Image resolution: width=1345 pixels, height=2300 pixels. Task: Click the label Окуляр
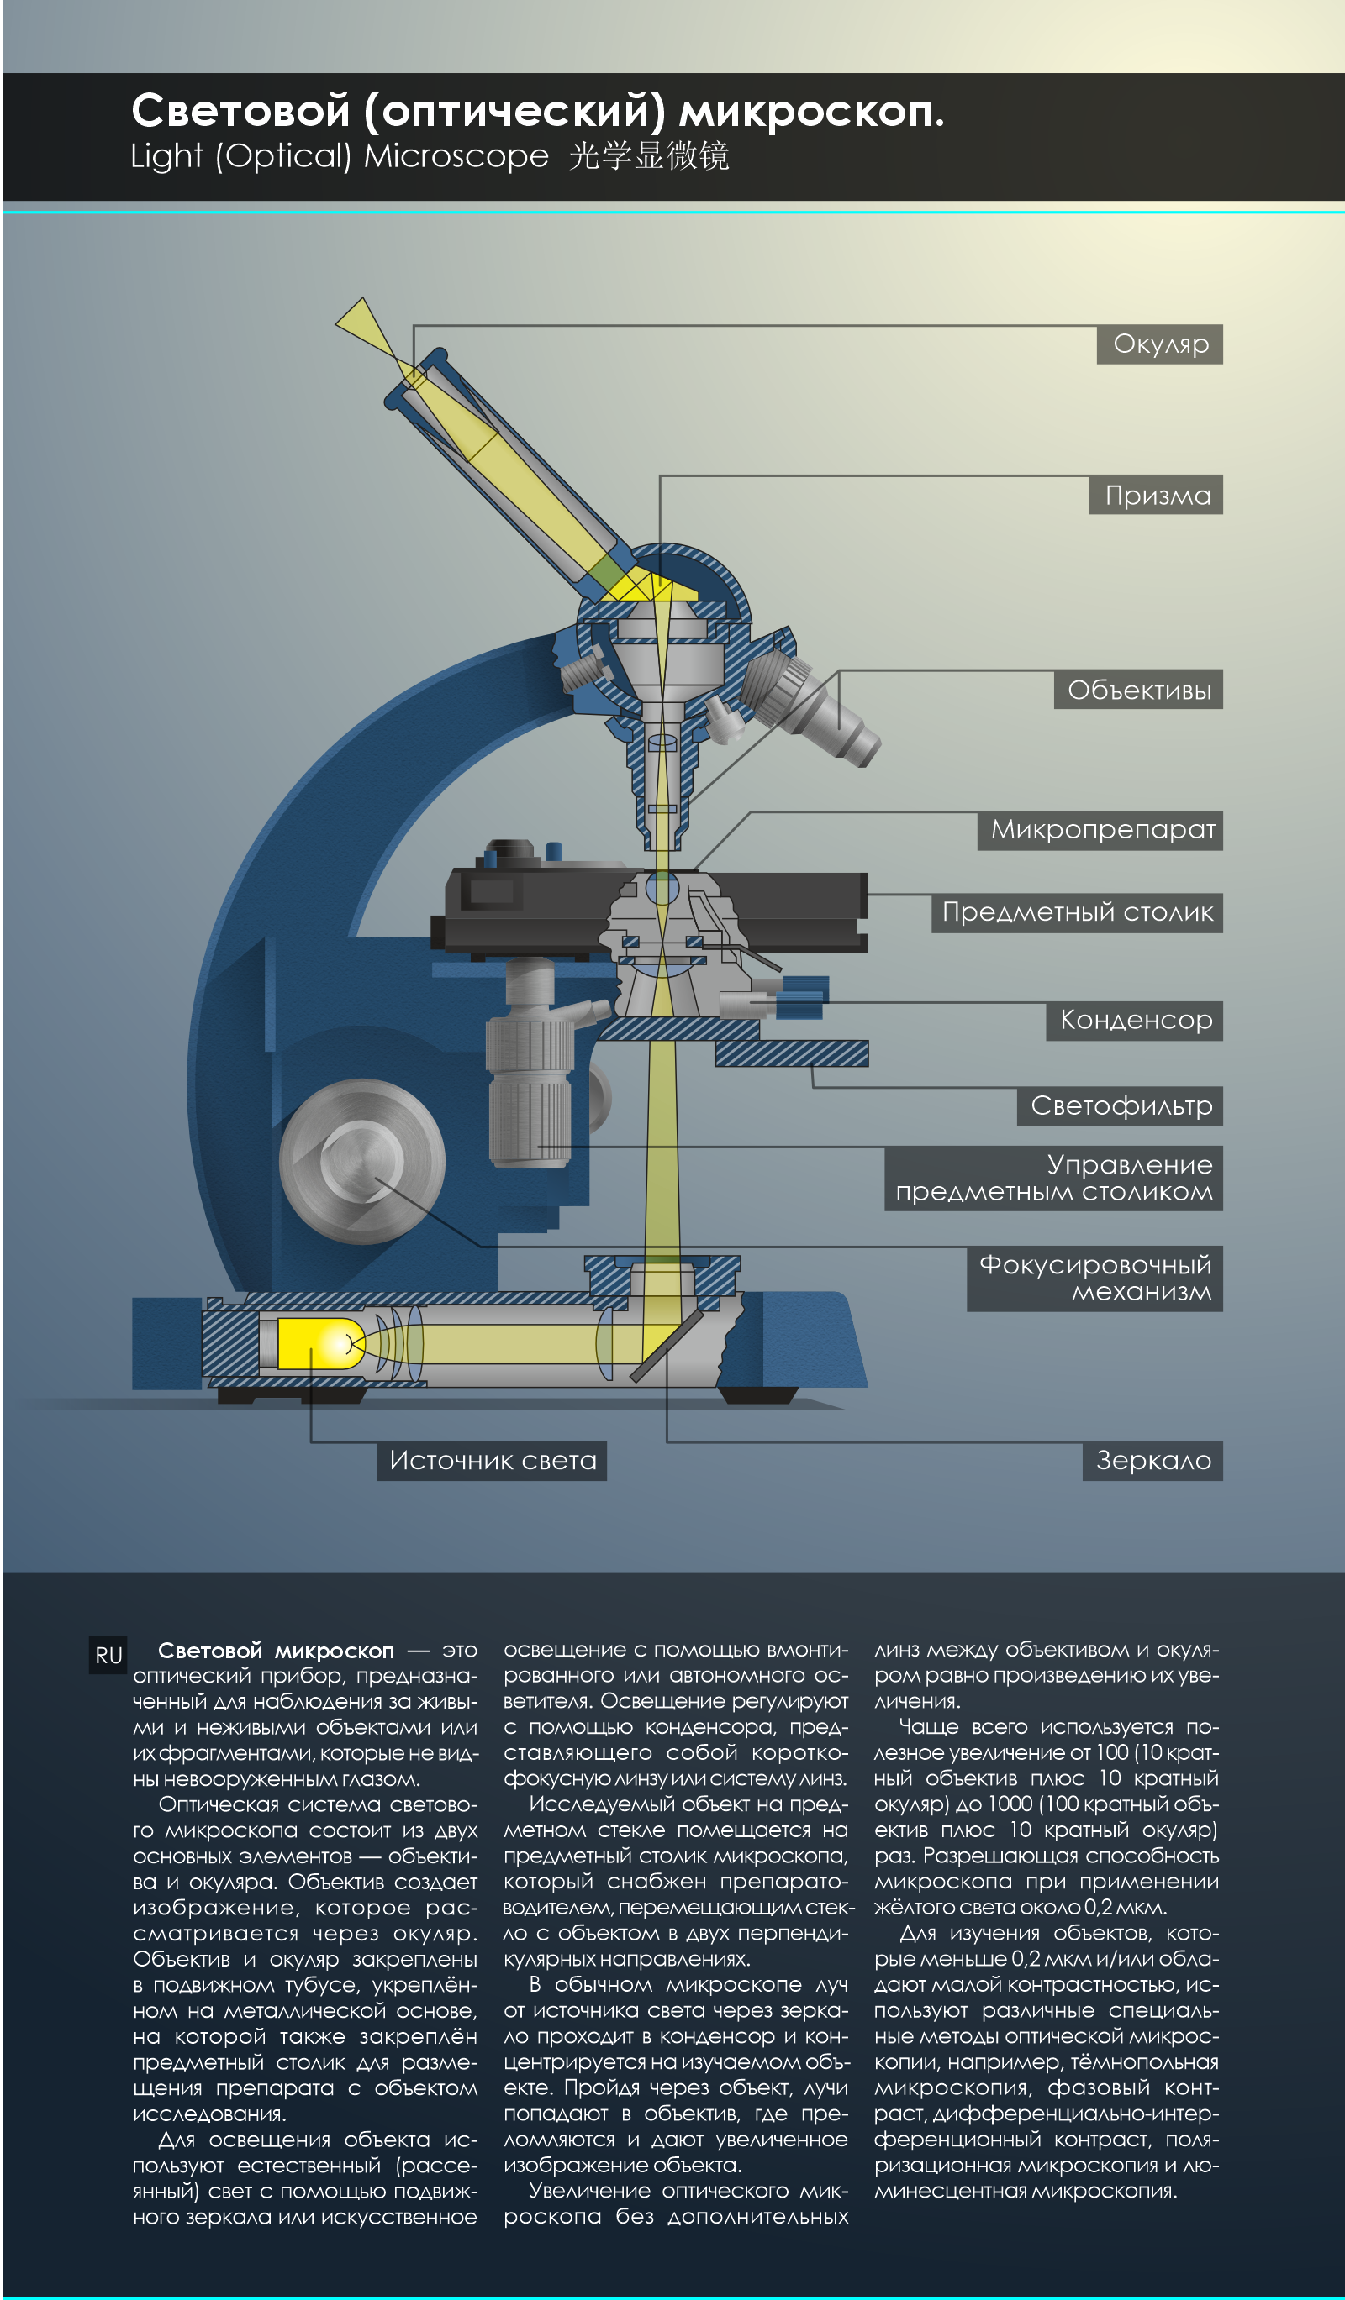(x=1158, y=344)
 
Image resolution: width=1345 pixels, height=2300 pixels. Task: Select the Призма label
(x=1155, y=495)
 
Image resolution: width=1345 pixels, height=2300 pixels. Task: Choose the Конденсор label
(x=1134, y=1021)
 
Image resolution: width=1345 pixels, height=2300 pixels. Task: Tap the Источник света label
(x=491, y=1460)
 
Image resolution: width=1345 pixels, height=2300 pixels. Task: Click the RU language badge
(x=108, y=1656)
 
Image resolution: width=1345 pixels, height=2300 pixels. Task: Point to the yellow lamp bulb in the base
(x=315, y=1342)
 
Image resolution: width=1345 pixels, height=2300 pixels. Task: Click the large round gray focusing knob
(x=361, y=1161)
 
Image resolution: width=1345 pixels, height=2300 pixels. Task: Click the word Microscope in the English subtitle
(x=456, y=156)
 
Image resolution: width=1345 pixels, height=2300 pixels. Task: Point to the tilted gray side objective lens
(x=817, y=708)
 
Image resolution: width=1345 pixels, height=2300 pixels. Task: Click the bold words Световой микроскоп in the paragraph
(x=276, y=1650)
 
